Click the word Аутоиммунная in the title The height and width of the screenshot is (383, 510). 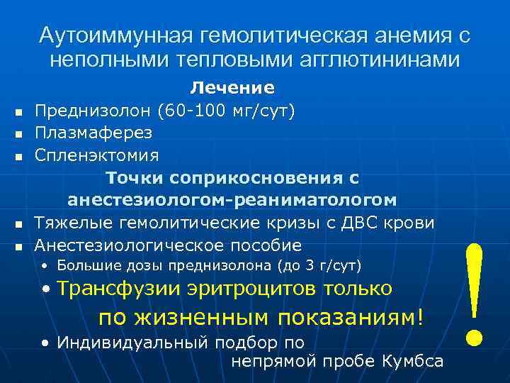point(113,35)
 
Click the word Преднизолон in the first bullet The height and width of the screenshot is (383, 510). point(94,111)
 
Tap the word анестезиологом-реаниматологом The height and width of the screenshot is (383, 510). point(232,199)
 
